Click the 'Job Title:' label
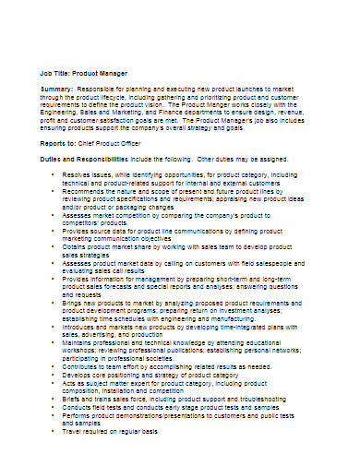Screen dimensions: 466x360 (54, 70)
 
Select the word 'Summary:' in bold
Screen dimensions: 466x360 (57, 89)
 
